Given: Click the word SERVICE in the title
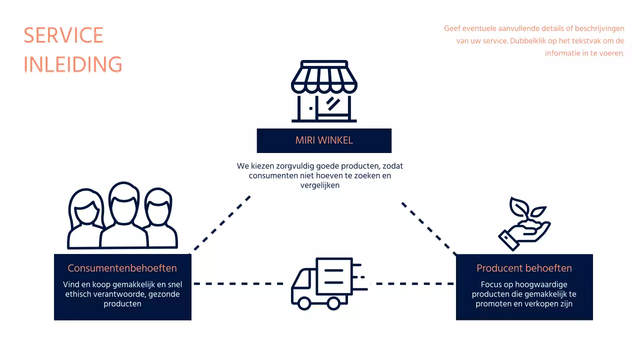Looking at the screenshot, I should pos(63,35).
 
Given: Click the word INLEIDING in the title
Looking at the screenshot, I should pos(73,64).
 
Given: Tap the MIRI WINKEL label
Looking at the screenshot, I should pos(324,140).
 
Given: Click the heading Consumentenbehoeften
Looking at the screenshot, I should pos(122,268).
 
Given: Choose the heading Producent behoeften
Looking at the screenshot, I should pos(524,268).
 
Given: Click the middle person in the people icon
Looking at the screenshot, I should pos(123,215).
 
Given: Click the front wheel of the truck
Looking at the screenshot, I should pos(303,302).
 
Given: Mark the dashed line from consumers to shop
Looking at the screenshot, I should pos(220,223).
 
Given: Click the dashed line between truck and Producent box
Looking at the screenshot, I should pos(415,283).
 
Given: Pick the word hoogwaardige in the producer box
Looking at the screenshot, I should pos(535,284).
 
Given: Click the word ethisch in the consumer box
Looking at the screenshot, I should pos(78,294).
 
